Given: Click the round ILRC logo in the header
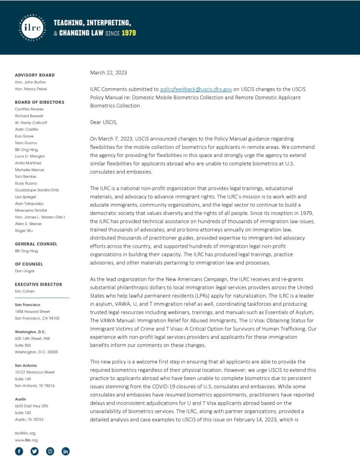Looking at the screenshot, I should click(x=32, y=26).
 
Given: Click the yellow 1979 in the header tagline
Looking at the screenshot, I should click(x=129, y=33).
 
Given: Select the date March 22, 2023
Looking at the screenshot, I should click(x=108, y=73).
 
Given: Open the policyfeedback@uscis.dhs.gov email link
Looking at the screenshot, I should click(x=196, y=89).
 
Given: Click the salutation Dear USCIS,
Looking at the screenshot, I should click(x=106, y=122).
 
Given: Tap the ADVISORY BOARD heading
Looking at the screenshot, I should click(x=35, y=75).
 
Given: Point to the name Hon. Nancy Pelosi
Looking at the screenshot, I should click(x=31, y=89).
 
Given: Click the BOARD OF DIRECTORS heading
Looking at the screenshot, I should click(x=39, y=102).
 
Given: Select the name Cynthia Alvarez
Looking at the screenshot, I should click(x=29, y=109).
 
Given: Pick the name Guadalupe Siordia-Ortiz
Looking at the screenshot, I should click(x=37, y=190).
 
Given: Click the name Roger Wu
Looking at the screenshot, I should click(x=24, y=230).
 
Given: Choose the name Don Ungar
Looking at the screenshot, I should click(x=25, y=271).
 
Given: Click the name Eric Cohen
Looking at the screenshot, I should click(x=25, y=291).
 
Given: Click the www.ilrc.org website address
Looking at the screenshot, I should click(x=26, y=440).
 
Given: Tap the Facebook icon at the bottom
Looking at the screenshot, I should click(x=19, y=451).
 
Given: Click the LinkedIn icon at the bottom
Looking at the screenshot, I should click(x=66, y=451).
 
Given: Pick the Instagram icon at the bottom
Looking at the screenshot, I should click(x=50, y=451).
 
